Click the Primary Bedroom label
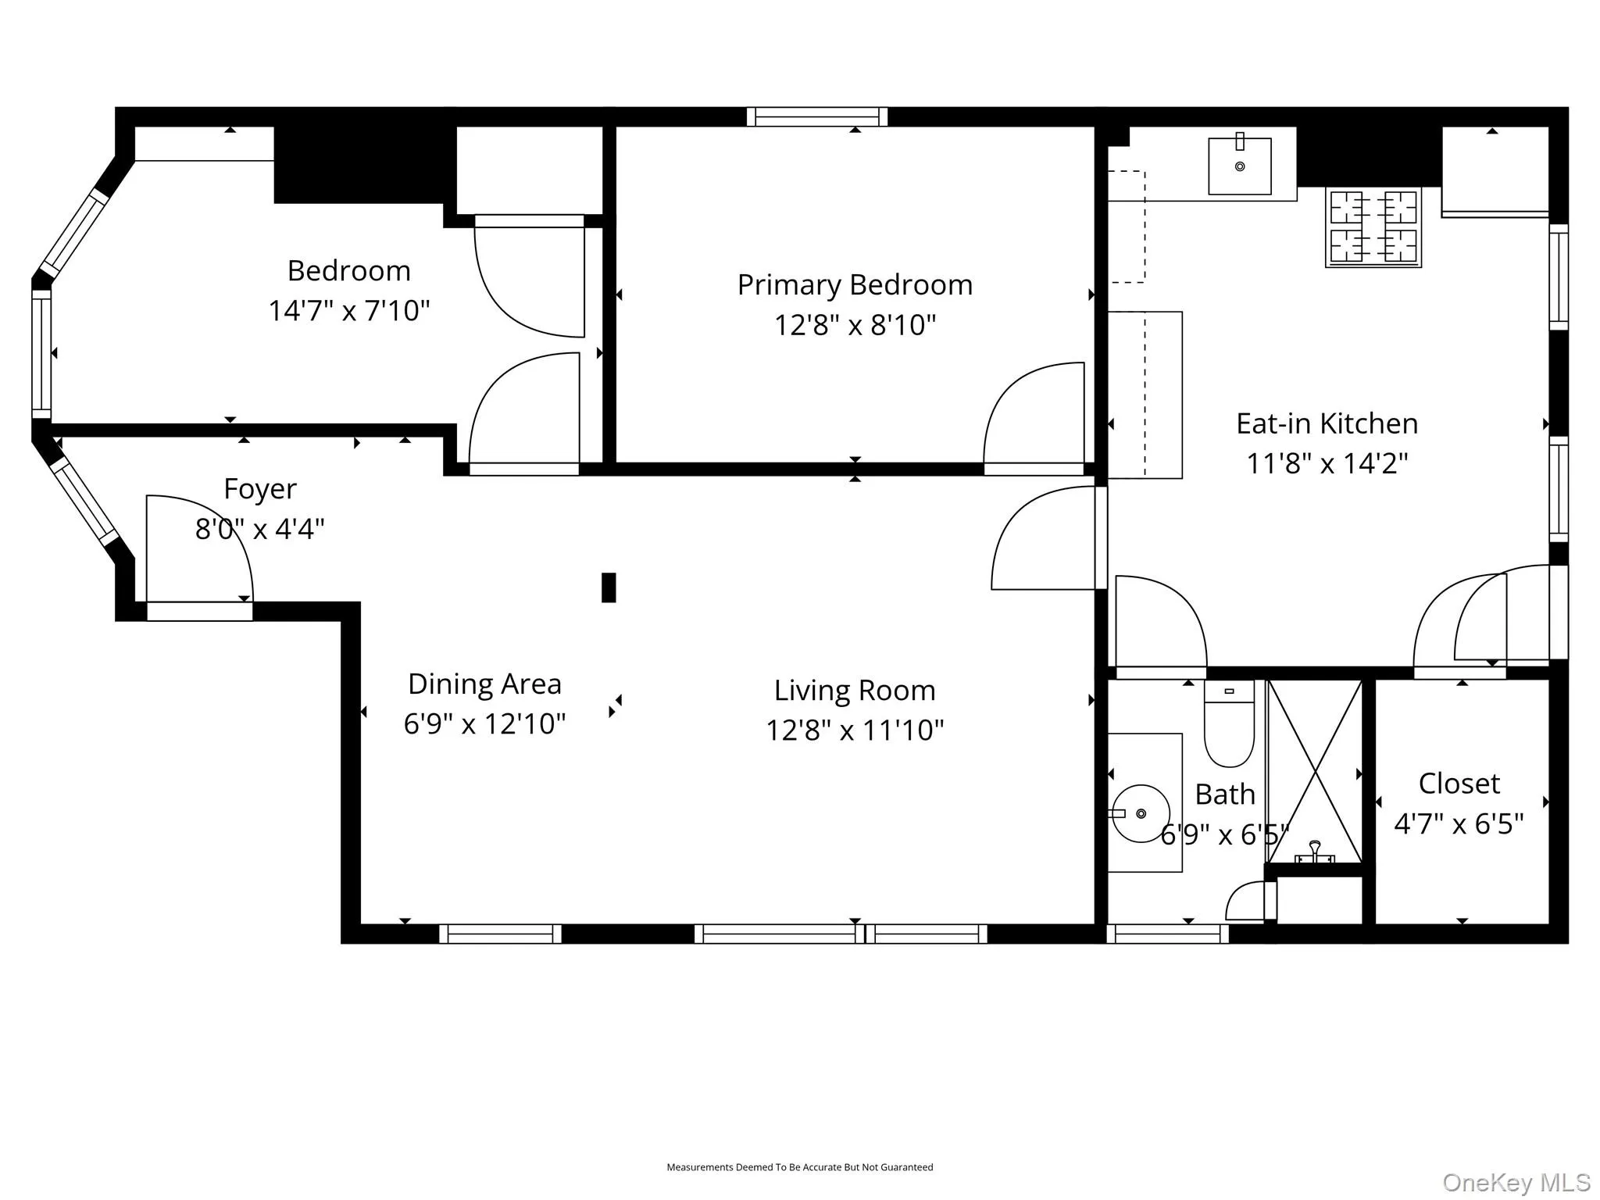[855, 285]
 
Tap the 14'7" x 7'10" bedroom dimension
[348, 311]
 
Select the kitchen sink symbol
[1239, 166]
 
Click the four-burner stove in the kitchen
[1373, 227]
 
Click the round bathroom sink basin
[1141, 813]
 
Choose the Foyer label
[260, 489]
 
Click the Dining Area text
[484, 684]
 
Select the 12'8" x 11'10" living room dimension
[855, 730]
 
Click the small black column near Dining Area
[609, 587]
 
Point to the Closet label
[1459, 784]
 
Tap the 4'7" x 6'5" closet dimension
[1459, 823]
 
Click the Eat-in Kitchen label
[1327, 423]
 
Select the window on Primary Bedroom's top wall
[816, 117]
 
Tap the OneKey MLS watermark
[1516, 1183]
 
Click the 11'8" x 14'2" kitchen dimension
[1327, 463]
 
